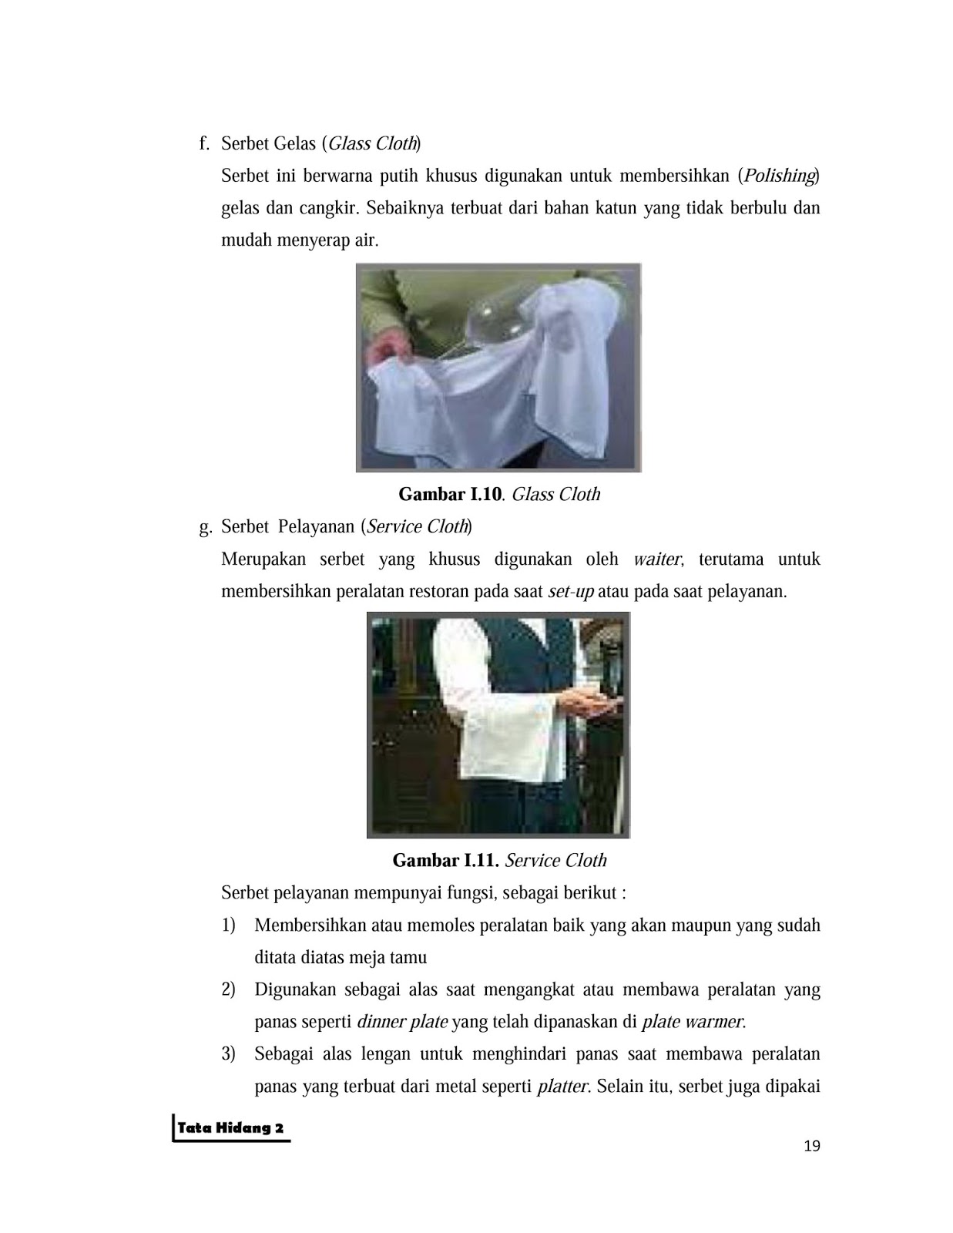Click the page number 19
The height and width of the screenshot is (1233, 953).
[812, 1146]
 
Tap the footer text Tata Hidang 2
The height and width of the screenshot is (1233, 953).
[230, 1127]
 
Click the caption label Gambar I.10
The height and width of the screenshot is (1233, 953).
[450, 494]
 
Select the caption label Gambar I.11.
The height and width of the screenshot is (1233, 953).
[445, 860]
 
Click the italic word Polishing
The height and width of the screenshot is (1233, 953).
[779, 176]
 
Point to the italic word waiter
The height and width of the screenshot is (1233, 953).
[657, 559]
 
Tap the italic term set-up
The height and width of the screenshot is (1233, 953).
[571, 592]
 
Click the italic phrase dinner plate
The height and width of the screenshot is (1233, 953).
[403, 1022]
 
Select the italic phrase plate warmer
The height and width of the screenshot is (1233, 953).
[692, 1022]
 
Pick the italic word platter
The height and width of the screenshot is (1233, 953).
[562, 1087]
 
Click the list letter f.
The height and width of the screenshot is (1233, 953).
[204, 143]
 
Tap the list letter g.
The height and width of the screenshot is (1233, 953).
[206, 528]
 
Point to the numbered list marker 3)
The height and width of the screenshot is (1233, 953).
[228, 1054]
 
